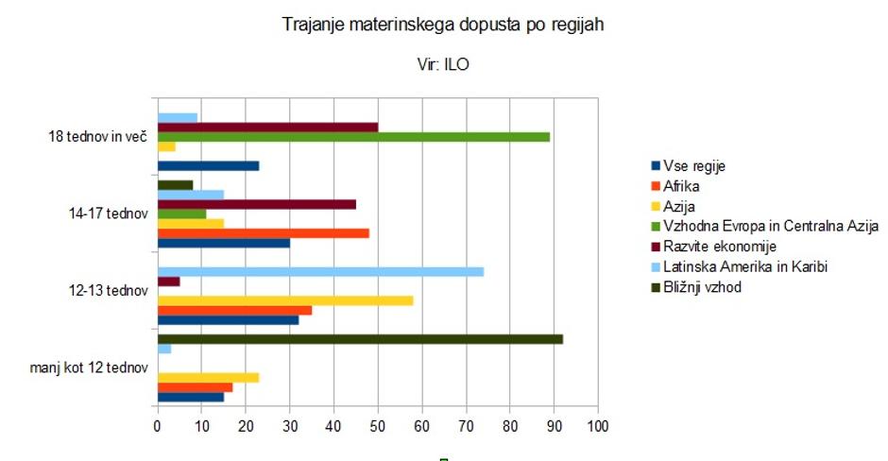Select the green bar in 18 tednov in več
click(x=353, y=137)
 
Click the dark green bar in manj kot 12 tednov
click(x=359, y=338)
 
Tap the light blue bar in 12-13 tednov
click(x=320, y=271)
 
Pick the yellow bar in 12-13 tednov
click(x=284, y=300)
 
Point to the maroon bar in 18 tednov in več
click(x=267, y=127)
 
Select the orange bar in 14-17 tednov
click(x=263, y=232)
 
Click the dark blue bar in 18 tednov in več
click(x=208, y=166)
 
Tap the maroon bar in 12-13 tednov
click(x=168, y=281)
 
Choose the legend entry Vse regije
click(x=694, y=166)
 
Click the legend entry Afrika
click(x=681, y=186)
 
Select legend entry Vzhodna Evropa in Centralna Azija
click(x=770, y=226)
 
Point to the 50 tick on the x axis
click(x=377, y=427)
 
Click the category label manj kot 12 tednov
click(x=90, y=367)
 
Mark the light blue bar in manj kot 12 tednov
click(x=163, y=349)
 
